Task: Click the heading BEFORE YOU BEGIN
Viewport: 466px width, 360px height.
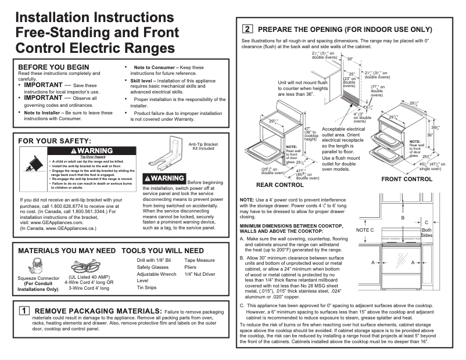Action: [53, 67]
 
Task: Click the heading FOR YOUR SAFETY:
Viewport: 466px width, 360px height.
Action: [55, 141]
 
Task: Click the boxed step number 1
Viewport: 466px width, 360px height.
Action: [25, 311]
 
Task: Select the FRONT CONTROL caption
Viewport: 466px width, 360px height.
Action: [406, 179]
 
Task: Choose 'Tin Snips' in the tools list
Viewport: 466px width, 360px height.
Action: [147, 287]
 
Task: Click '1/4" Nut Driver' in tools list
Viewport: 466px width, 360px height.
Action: [199, 273]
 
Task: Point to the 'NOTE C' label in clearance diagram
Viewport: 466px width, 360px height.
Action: [364, 231]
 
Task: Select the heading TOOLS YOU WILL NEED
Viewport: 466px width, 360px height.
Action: [163, 251]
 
